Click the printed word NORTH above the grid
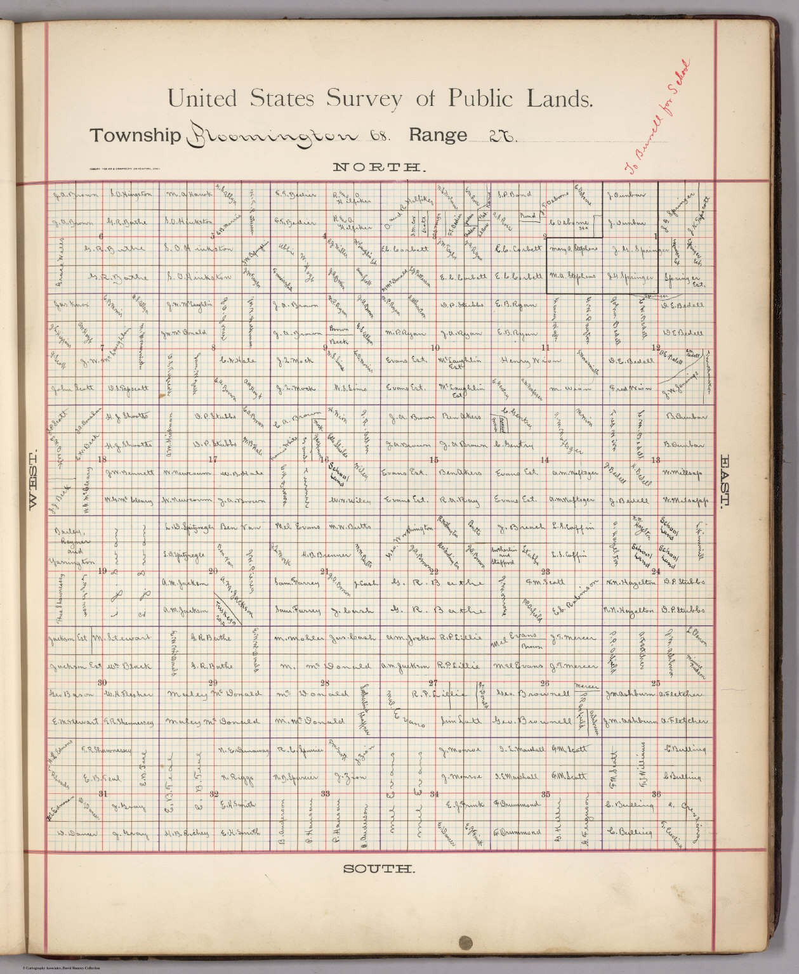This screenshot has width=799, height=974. click(378, 167)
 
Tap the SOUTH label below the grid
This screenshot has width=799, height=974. click(379, 869)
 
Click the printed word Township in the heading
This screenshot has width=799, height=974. click(135, 135)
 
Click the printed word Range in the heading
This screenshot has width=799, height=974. click(438, 135)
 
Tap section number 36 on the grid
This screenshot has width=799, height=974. click(656, 794)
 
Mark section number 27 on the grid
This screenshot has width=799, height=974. click(434, 683)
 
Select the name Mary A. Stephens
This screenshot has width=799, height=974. click(573, 249)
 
